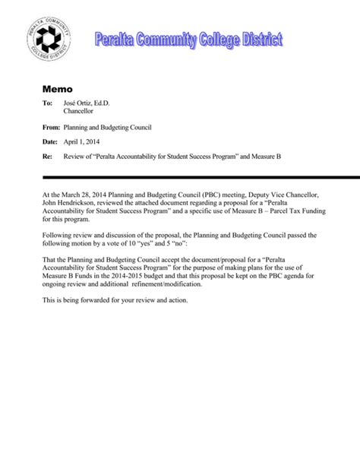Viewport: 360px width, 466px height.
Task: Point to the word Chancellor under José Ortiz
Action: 81,113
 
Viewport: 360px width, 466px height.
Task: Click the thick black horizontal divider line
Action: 190,176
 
